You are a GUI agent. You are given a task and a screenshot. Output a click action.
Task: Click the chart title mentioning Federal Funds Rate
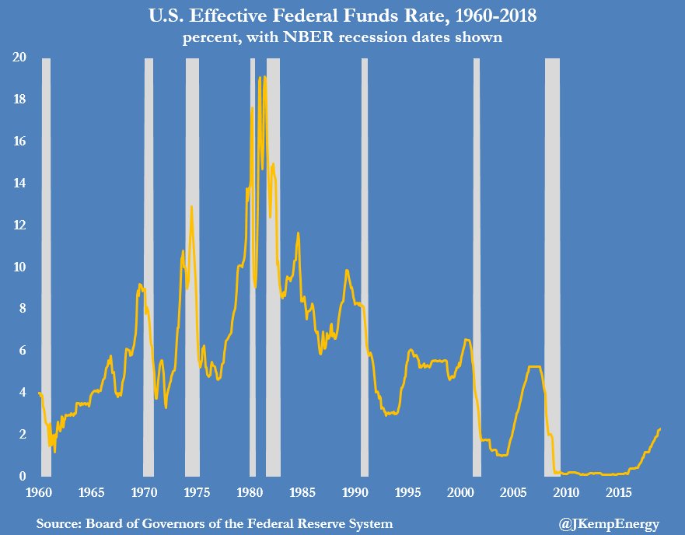coord(343,16)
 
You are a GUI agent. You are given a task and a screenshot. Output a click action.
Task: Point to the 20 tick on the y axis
coord(21,58)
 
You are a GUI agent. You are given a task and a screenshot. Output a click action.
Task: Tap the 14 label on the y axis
coord(21,184)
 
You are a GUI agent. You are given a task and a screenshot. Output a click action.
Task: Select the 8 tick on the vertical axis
coord(24,309)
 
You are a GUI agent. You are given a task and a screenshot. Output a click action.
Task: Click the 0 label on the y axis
coord(24,476)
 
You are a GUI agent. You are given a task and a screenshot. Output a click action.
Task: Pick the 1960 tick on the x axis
coord(39,492)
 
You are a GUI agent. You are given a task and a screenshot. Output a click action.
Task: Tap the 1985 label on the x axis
coord(302,492)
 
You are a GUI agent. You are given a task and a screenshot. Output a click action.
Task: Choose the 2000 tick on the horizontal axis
coord(461,492)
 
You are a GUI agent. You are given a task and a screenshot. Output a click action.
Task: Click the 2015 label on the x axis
coord(620,492)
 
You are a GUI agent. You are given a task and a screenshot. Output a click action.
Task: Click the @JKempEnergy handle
coord(609,524)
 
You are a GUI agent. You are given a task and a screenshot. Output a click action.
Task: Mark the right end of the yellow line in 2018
coord(660,428)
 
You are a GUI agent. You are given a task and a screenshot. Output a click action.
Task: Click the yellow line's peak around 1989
coord(347,271)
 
